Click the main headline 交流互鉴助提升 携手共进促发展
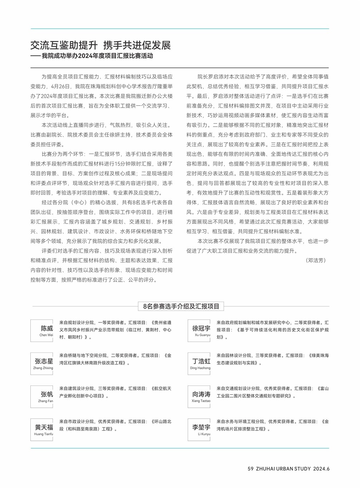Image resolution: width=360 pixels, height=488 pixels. (101, 45)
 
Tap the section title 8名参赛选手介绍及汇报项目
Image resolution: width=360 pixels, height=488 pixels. (181, 306)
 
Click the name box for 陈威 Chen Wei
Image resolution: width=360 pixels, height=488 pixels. (42, 331)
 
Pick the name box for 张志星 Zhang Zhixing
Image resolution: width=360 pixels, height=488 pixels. (42, 364)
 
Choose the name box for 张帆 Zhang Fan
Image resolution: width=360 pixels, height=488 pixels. (42, 396)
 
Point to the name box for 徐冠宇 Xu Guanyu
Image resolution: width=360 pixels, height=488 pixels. (199, 331)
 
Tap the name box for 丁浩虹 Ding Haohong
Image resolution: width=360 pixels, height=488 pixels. (199, 364)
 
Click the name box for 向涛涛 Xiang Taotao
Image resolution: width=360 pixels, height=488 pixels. (199, 396)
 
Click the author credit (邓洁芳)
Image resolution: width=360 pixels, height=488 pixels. (316, 260)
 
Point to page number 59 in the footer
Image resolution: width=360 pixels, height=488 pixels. (250, 469)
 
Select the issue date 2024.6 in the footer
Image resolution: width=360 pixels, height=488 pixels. (321, 469)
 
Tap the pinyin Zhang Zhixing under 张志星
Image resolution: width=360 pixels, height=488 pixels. (43, 368)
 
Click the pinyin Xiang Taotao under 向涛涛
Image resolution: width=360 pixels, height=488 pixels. (201, 401)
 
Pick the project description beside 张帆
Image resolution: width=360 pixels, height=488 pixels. (115, 392)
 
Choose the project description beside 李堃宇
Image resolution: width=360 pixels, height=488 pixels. (272, 425)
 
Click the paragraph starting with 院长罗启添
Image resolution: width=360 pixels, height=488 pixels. (257, 154)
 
